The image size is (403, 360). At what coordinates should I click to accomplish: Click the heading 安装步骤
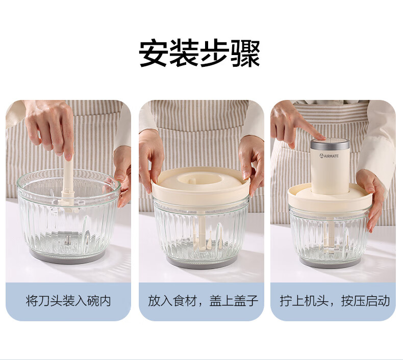(199, 54)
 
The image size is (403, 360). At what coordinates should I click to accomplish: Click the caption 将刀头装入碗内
(68, 301)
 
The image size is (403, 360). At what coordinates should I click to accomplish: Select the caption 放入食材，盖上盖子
(203, 301)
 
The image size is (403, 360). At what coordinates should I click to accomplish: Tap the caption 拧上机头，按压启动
(335, 301)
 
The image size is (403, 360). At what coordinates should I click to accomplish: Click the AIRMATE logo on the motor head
(329, 156)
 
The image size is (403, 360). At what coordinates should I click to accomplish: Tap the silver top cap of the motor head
(330, 143)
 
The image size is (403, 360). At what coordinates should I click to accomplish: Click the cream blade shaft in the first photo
(68, 183)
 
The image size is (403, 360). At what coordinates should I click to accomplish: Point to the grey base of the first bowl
(67, 258)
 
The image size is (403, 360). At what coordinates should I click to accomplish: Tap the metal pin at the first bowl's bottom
(68, 240)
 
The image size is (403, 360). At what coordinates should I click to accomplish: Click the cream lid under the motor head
(330, 197)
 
